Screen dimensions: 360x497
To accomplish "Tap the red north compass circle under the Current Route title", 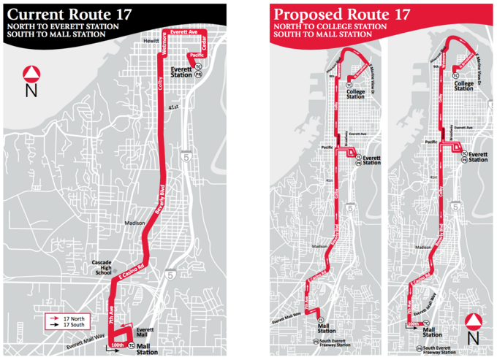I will click(31, 74).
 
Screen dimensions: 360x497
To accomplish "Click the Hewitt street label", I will click(151, 42).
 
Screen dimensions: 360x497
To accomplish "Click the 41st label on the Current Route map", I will click(173, 107).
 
